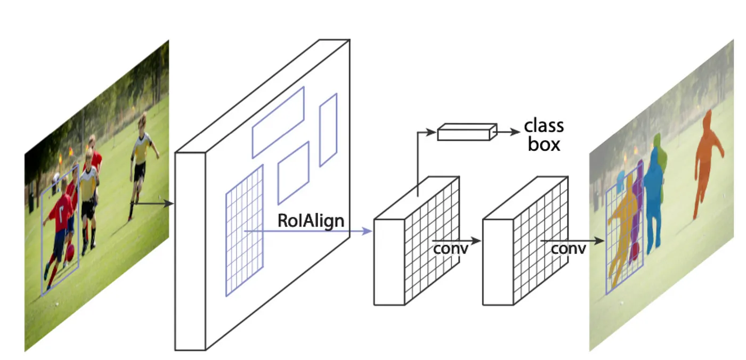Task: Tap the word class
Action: pyautogui.click(x=544, y=126)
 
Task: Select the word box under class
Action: pyautogui.click(x=544, y=144)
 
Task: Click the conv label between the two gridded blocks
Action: pyautogui.click(x=450, y=248)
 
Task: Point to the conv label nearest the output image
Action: pyautogui.click(x=569, y=248)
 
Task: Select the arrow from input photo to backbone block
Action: pyautogui.click(x=154, y=203)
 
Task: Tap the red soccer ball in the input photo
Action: pyautogui.click(x=70, y=251)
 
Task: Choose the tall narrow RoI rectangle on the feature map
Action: pyautogui.click(x=328, y=129)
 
